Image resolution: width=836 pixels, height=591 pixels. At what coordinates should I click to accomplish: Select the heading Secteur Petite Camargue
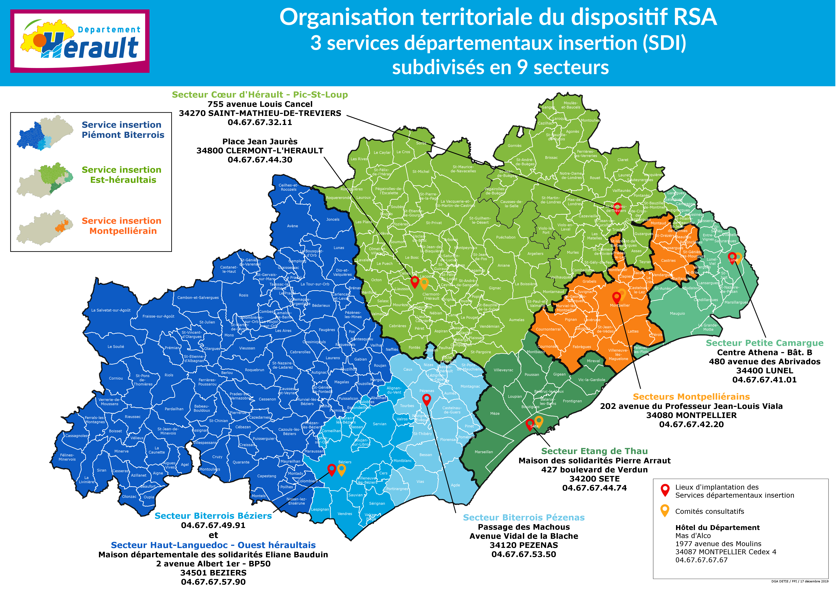click(764, 343)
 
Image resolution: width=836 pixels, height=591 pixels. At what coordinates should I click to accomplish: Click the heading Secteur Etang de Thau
click(594, 451)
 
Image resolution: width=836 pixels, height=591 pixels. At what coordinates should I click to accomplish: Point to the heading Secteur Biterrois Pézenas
click(524, 518)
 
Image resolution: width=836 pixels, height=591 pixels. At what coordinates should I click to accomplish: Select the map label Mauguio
click(677, 313)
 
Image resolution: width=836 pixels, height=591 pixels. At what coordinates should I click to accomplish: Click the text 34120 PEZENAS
click(524, 545)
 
